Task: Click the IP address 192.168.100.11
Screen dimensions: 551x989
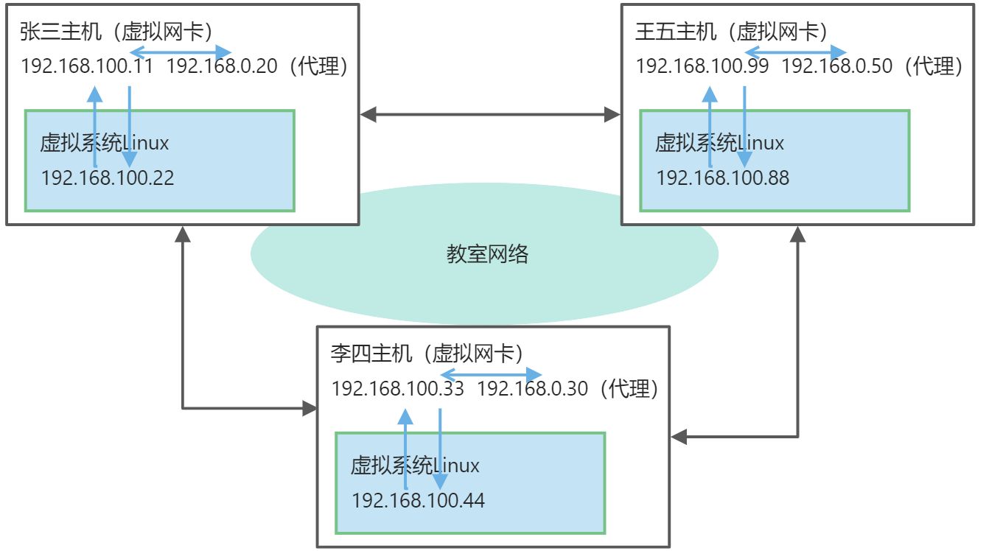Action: [x=87, y=66]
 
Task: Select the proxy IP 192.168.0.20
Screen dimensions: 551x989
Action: [x=223, y=66]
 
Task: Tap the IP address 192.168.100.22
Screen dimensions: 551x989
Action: [x=108, y=178]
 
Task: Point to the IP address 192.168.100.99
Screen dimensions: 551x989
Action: [x=702, y=66]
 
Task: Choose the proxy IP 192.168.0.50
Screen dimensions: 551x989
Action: [x=837, y=66]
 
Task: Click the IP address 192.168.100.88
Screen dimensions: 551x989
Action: [x=722, y=178]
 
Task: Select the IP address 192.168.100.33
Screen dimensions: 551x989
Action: [x=398, y=389]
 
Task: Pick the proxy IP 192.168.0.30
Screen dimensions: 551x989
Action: [x=533, y=389]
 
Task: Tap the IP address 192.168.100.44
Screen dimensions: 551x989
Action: [x=419, y=500]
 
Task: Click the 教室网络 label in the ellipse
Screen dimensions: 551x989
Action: [x=488, y=255]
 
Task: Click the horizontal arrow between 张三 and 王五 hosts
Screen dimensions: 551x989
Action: [x=490, y=114]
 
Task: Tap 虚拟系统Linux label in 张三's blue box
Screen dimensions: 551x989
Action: [x=105, y=142]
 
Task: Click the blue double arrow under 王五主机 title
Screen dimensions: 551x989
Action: [x=795, y=52]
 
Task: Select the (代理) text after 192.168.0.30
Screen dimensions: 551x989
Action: [x=628, y=389]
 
